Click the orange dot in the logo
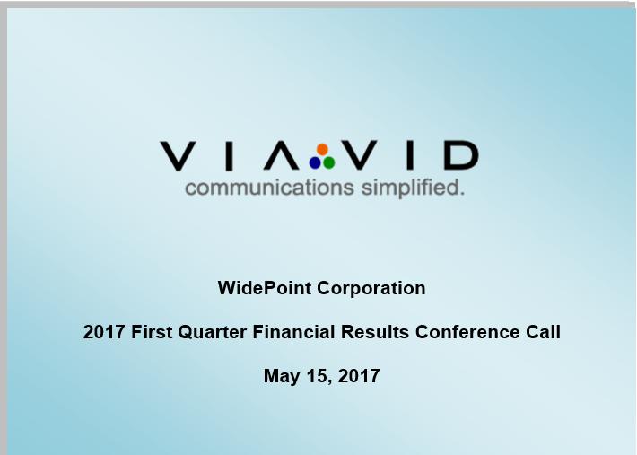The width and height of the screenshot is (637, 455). [322, 149]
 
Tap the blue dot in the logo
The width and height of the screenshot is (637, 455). [315, 163]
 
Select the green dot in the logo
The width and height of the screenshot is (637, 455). [329, 163]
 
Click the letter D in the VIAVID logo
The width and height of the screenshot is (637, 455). [461, 154]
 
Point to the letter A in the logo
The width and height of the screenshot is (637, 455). [282, 154]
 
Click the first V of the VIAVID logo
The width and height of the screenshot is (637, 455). [178, 155]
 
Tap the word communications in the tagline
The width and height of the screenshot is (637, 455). [270, 188]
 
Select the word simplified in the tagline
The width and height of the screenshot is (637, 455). [413, 188]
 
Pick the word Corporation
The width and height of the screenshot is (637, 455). [371, 289]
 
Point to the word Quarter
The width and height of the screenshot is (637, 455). [213, 332]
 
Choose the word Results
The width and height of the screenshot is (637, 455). [374, 332]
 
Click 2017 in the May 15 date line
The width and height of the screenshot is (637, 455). [359, 376]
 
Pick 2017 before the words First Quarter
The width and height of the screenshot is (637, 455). [104, 332]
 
